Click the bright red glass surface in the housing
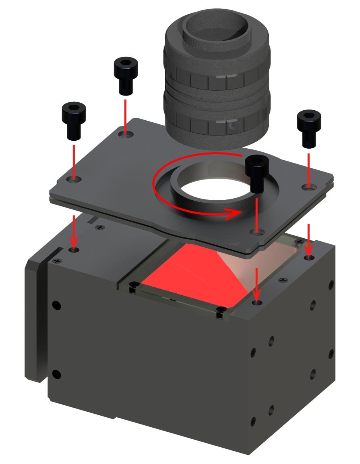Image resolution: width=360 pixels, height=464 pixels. [188, 276]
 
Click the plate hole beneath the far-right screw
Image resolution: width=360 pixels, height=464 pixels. [308, 186]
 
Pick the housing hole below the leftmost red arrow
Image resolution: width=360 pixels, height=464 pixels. [74, 250]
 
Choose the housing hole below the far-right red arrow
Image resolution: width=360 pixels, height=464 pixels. [308, 258]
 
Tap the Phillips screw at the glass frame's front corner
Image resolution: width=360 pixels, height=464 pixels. [219, 310]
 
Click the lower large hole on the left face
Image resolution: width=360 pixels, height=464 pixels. [57, 374]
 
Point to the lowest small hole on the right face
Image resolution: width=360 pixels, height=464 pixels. [253, 421]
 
